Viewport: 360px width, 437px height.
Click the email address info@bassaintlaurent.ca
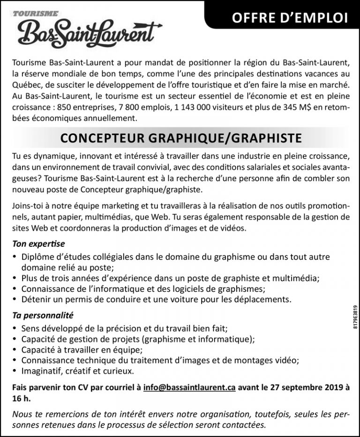click(189, 388)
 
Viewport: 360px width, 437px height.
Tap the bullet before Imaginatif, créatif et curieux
click(15, 371)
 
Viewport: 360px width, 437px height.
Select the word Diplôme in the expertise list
click(37, 257)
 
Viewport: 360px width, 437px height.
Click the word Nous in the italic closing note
click(23, 415)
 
